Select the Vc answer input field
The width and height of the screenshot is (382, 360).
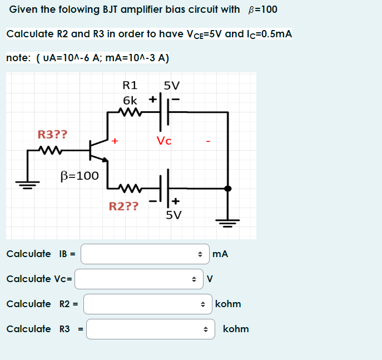coord(136,279)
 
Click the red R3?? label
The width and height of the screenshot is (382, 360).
coord(52,134)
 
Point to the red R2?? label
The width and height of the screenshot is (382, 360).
coord(123,207)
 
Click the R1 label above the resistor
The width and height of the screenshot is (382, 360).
coord(130,86)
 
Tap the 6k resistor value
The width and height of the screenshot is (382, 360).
coord(130,101)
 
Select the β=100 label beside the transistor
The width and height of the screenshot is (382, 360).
coord(80,176)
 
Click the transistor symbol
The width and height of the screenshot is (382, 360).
coord(98,150)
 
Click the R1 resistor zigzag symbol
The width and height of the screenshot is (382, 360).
coord(132,112)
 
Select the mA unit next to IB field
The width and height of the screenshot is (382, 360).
coord(220,254)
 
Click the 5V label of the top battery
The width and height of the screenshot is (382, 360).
coord(172,86)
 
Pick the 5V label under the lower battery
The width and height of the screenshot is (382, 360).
coord(173,215)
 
